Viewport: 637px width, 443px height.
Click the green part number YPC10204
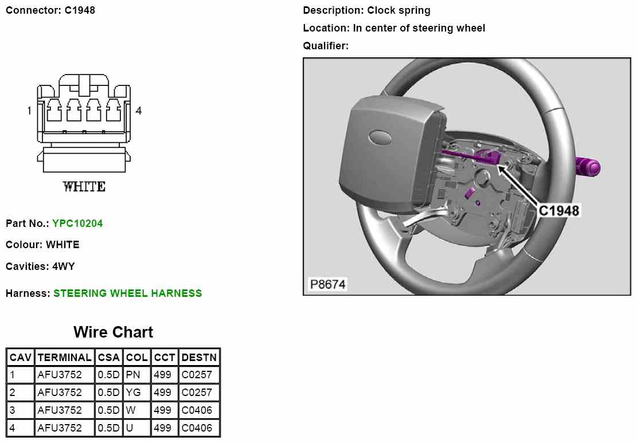[77, 224]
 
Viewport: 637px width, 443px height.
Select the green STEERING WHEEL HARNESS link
[128, 293]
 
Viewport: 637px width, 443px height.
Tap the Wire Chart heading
[113, 332]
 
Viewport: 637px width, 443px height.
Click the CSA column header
[108, 358]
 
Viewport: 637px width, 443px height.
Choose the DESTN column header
[198, 358]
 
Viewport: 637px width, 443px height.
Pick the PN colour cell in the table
[133, 375]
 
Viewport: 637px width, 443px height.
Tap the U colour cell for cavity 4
[130, 428]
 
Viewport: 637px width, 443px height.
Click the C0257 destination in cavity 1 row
[197, 375]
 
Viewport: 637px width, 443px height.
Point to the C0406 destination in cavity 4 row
[197, 428]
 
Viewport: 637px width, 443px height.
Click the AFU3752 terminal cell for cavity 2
[60, 393]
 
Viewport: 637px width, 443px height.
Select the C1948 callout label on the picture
[558, 210]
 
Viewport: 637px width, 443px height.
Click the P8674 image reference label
[328, 284]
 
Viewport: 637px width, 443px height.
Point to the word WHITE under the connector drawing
[84, 186]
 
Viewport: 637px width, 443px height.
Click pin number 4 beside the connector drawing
[138, 111]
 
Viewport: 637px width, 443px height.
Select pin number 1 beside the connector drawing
[29, 111]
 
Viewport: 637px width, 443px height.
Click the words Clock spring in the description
[399, 10]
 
